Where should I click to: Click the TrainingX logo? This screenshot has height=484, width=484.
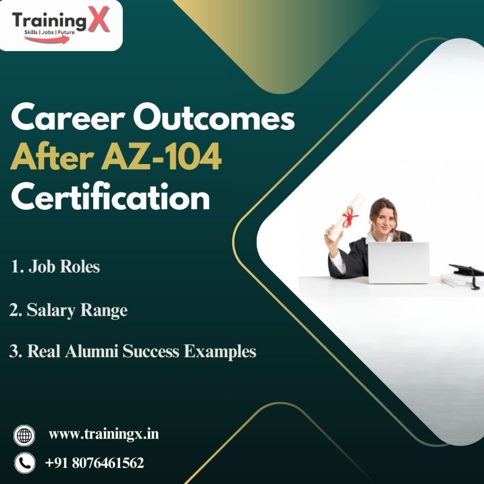point(60,25)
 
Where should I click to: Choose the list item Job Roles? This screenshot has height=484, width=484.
point(56,267)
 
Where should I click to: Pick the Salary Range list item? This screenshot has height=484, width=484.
point(69,310)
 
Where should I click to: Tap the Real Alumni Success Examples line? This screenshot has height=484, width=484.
point(133,352)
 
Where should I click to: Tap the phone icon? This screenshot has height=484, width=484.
point(25,463)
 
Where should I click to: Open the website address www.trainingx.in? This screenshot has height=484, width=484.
point(104,434)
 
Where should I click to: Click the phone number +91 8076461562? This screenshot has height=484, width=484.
point(94,463)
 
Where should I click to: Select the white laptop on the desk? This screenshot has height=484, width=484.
point(398,262)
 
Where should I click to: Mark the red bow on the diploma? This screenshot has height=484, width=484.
point(350,218)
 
